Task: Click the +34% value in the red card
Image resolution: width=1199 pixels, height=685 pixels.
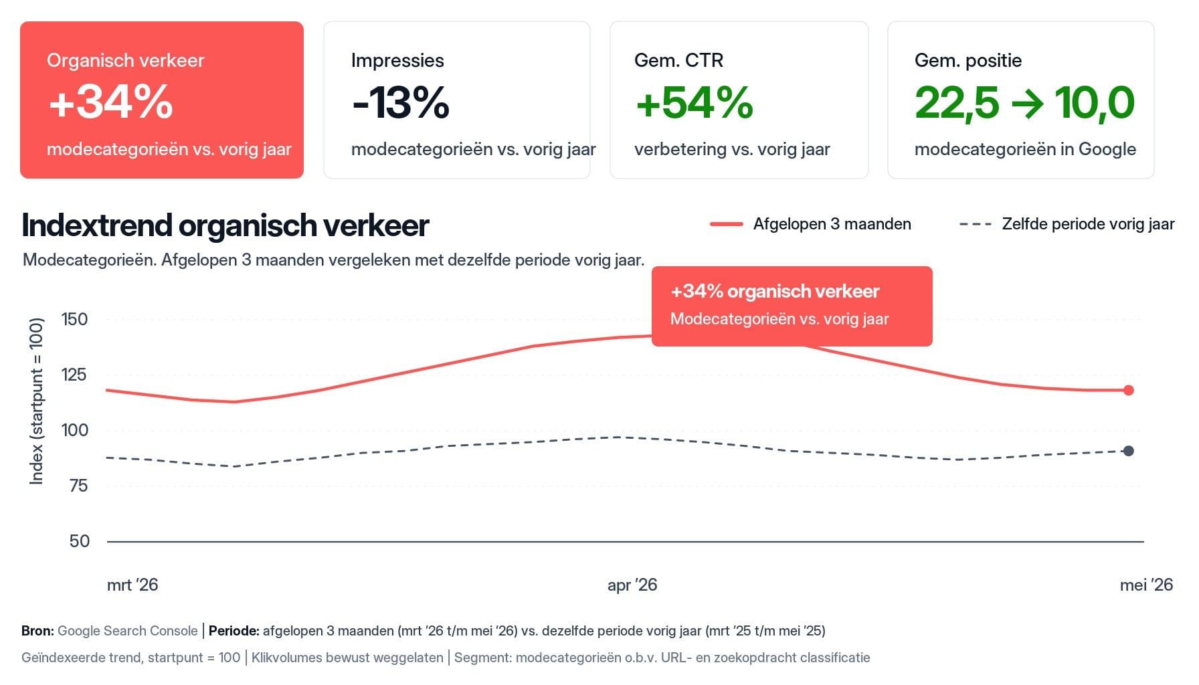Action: pos(111,102)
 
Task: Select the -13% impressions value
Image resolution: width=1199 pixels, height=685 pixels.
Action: pos(401,102)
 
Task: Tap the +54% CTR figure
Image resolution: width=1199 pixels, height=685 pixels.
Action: pos(695,102)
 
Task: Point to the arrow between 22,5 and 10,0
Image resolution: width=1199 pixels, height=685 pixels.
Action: pos(1027,103)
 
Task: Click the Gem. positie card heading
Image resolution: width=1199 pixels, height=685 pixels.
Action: pos(968,60)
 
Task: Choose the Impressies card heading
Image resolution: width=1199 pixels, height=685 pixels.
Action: pos(397,60)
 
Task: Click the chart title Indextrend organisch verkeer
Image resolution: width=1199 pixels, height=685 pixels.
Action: pos(225,225)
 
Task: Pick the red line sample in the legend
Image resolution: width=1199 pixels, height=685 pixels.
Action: pos(727,224)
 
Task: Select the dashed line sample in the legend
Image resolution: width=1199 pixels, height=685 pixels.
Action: pos(976,224)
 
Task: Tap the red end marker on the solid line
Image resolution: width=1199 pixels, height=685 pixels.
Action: pos(1129,390)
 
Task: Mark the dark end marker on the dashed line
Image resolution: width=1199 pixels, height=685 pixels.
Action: pos(1129,451)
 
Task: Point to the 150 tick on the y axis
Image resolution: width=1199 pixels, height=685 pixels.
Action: pos(74,319)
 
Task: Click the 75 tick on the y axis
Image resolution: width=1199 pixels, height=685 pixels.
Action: pos(79,486)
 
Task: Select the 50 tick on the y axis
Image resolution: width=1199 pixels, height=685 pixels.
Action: pos(79,541)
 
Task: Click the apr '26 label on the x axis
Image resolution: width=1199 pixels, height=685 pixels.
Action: pos(632,585)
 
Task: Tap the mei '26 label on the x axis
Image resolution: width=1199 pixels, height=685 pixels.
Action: pos(1146,585)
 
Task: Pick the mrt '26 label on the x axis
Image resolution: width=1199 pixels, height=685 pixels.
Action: pos(132,585)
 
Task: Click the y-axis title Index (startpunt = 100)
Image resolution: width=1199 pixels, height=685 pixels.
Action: pos(37,401)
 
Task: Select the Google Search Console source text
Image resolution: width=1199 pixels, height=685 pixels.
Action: pos(128,631)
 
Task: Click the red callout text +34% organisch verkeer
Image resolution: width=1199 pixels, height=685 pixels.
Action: pos(775,292)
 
